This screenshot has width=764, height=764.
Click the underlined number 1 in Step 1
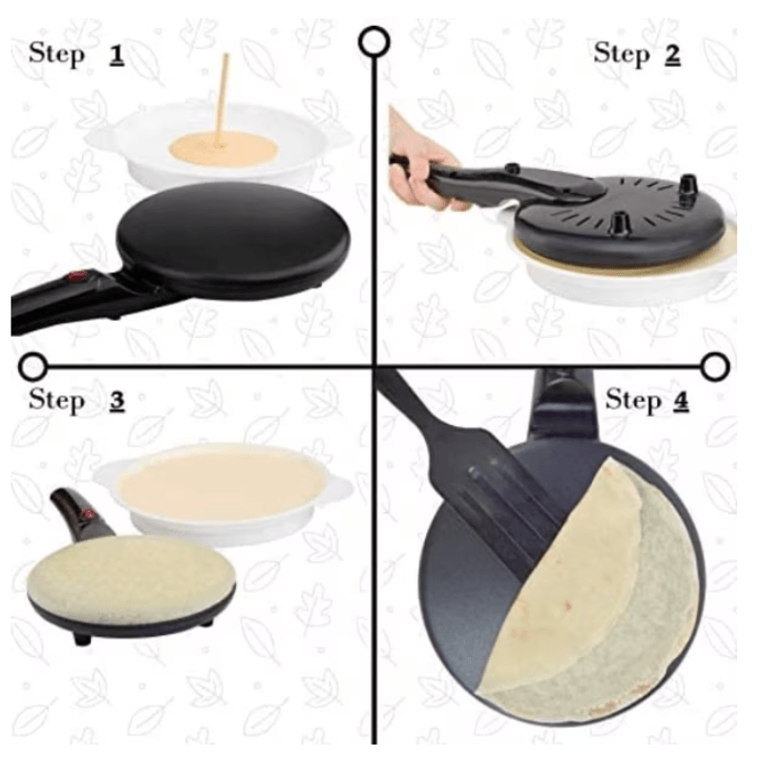pos(117,55)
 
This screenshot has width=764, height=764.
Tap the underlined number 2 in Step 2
pos(673,54)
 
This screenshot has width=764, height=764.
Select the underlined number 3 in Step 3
pos(117,401)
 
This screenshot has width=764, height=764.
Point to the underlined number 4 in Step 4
pos(681,401)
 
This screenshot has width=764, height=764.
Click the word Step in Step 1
pos(56,54)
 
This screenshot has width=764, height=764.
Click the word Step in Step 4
pos(633,401)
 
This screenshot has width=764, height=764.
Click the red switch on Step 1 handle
pos(78,277)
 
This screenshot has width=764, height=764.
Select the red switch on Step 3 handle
pos(88,515)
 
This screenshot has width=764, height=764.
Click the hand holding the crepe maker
pos(419,160)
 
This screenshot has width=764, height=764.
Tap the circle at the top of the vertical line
pos(373,42)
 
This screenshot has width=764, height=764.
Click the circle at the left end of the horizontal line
pos(33,367)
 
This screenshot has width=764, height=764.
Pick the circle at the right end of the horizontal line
pos(714,367)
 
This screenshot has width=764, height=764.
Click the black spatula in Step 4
pos(468,468)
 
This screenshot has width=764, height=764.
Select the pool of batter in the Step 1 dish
pos(223,150)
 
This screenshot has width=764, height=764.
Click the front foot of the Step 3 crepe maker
pos(82,638)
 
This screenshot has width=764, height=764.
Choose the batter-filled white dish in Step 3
pos(223,492)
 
